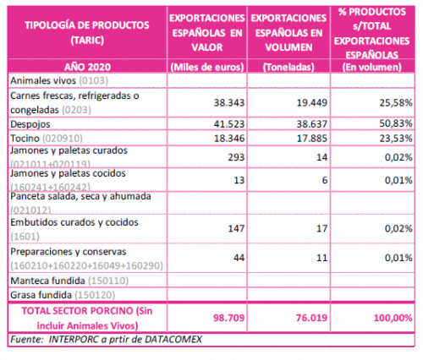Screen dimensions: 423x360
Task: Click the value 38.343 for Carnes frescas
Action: pyautogui.click(x=228, y=102)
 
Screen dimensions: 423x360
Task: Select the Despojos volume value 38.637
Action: pyautogui.click(x=311, y=123)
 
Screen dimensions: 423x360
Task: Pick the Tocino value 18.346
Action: pyautogui.click(x=229, y=139)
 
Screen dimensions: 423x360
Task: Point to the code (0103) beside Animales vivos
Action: pyautogui.click(x=93, y=81)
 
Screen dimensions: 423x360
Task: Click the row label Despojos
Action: pyautogui.click(x=30, y=124)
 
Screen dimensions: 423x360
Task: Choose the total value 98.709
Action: pyautogui.click(x=228, y=318)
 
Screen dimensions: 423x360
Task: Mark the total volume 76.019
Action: pyautogui.click(x=311, y=318)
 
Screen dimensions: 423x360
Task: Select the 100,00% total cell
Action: pyautogui.click(x=393, y=318)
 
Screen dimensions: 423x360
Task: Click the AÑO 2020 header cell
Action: pyautogui.click(x=87, y=67)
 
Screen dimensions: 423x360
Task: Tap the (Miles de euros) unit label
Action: pyautogui.click(x=207, y=67)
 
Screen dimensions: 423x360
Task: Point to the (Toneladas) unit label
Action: pyautogui.click(x=288, y=67)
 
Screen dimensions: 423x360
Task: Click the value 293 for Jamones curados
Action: pyautogui.click(x=236, y=157)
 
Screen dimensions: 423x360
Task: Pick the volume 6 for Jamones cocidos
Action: pyautogui.click(x=325, y=180)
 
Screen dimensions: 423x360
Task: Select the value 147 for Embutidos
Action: pyautogui.click(x=236, y=228)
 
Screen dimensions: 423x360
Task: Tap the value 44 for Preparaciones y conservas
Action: pyautogui.click(x=239, y=258)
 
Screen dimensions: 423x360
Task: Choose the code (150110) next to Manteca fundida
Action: pyautogui.click(x=108, y=281)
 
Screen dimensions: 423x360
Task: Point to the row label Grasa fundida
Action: pyautogui.click(x=41, y=295)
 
